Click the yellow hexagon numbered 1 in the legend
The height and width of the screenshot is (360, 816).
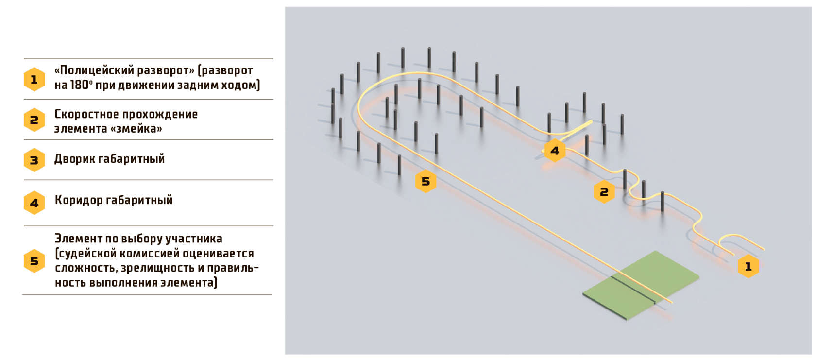34,79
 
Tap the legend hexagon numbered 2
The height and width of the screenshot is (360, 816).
34,120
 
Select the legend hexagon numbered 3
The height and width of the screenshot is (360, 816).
34,160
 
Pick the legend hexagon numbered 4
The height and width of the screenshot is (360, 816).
34,203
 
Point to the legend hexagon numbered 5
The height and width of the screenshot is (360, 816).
34,261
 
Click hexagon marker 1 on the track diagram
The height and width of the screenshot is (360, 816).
748,266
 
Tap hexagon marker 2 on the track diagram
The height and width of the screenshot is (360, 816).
604,192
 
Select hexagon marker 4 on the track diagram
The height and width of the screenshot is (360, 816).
554,151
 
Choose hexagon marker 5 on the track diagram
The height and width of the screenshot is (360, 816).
425,181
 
